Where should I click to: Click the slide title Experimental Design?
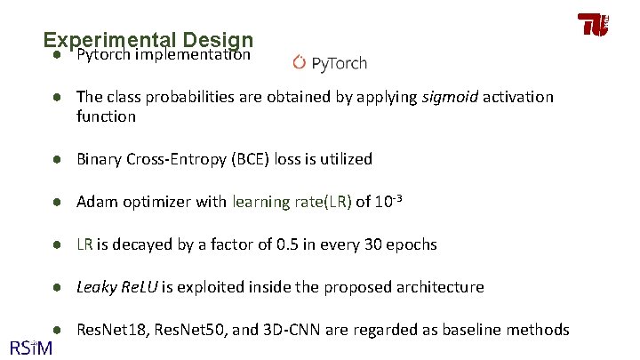148,41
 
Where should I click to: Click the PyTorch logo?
330,63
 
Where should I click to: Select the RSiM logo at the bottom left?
31,344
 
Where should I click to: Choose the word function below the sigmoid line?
106,116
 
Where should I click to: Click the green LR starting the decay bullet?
85,244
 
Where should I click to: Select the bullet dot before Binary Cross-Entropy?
55,159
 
